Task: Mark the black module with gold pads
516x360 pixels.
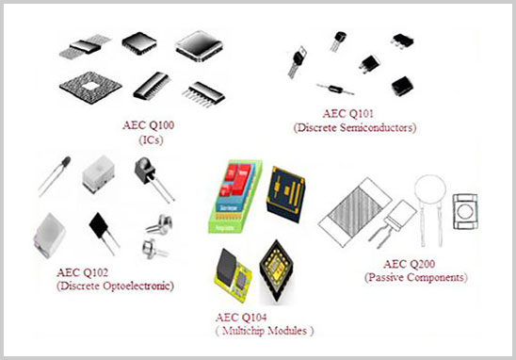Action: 289,193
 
